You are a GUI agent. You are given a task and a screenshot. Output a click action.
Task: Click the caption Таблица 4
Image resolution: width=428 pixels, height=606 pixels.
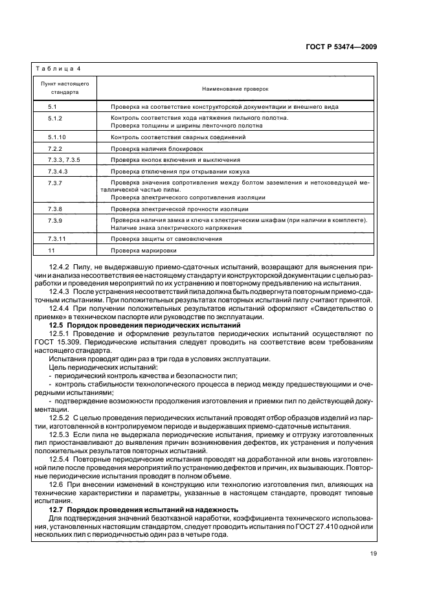coord(57,69)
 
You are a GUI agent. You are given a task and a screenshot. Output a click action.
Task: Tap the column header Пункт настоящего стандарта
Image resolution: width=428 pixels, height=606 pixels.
coord(64,88)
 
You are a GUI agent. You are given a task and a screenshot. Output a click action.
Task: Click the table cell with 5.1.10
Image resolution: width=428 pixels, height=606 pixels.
coord(57,137)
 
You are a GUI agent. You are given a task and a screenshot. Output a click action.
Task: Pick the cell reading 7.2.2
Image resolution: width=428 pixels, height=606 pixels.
coord(54,148)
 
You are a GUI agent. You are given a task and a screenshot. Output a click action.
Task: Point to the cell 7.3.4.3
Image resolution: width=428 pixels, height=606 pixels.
coord(58,171)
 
